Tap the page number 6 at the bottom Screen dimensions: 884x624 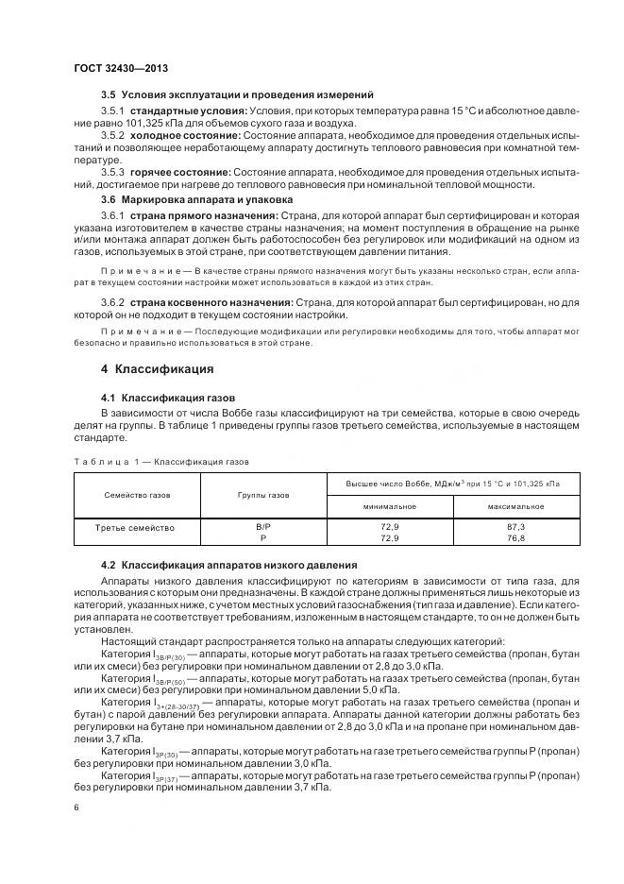coord(76,807)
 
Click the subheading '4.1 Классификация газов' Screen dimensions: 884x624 coord(161,398)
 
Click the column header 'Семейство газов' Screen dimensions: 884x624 coord(138,494)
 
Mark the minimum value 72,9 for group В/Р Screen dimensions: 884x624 coord(389,527)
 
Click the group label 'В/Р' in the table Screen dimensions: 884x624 coord(263,527)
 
